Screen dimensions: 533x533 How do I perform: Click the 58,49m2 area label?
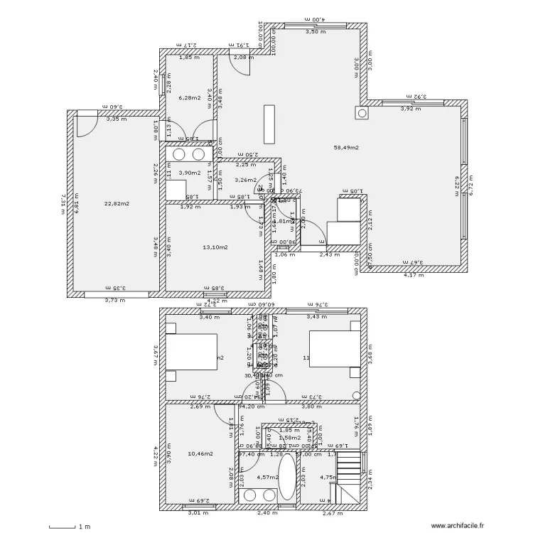point(346,148)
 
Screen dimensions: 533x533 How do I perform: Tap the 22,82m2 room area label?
point(117,204)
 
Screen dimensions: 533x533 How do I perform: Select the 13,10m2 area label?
point(215,247)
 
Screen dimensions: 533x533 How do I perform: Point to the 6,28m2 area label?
point(189,98)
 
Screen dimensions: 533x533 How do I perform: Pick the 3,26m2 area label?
point(244,180)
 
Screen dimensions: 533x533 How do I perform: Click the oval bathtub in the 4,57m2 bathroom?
point(287,478)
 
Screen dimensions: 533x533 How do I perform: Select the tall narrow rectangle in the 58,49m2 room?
point(269,124)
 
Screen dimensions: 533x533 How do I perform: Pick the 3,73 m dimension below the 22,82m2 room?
point(114,300)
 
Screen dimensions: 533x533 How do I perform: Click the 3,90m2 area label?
point(189,173)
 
